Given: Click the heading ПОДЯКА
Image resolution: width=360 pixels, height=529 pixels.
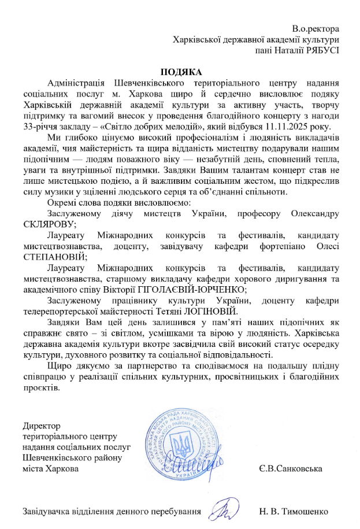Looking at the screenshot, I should point(181,72).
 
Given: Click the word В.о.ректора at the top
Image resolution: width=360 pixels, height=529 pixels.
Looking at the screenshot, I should point(316,28).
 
